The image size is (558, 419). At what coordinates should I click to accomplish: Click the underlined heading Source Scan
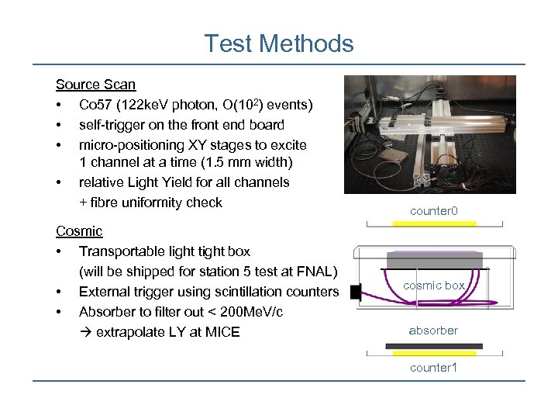pos(95,84)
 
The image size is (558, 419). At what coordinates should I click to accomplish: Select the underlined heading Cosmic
pos(79,231)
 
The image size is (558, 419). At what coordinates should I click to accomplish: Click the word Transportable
pos(126,251)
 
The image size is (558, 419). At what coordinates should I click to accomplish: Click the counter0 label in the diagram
pos(434,211)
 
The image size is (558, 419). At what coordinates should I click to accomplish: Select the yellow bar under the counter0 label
pos(434,223)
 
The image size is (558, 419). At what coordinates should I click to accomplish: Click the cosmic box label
pos(434,286)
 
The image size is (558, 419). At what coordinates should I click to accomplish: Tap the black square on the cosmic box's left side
pos(356,293)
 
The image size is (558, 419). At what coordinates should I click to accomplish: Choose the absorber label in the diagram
pos(433,331)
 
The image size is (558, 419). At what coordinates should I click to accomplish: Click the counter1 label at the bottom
pos(433,367)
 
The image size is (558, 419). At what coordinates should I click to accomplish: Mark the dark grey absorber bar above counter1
pos(434,346)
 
